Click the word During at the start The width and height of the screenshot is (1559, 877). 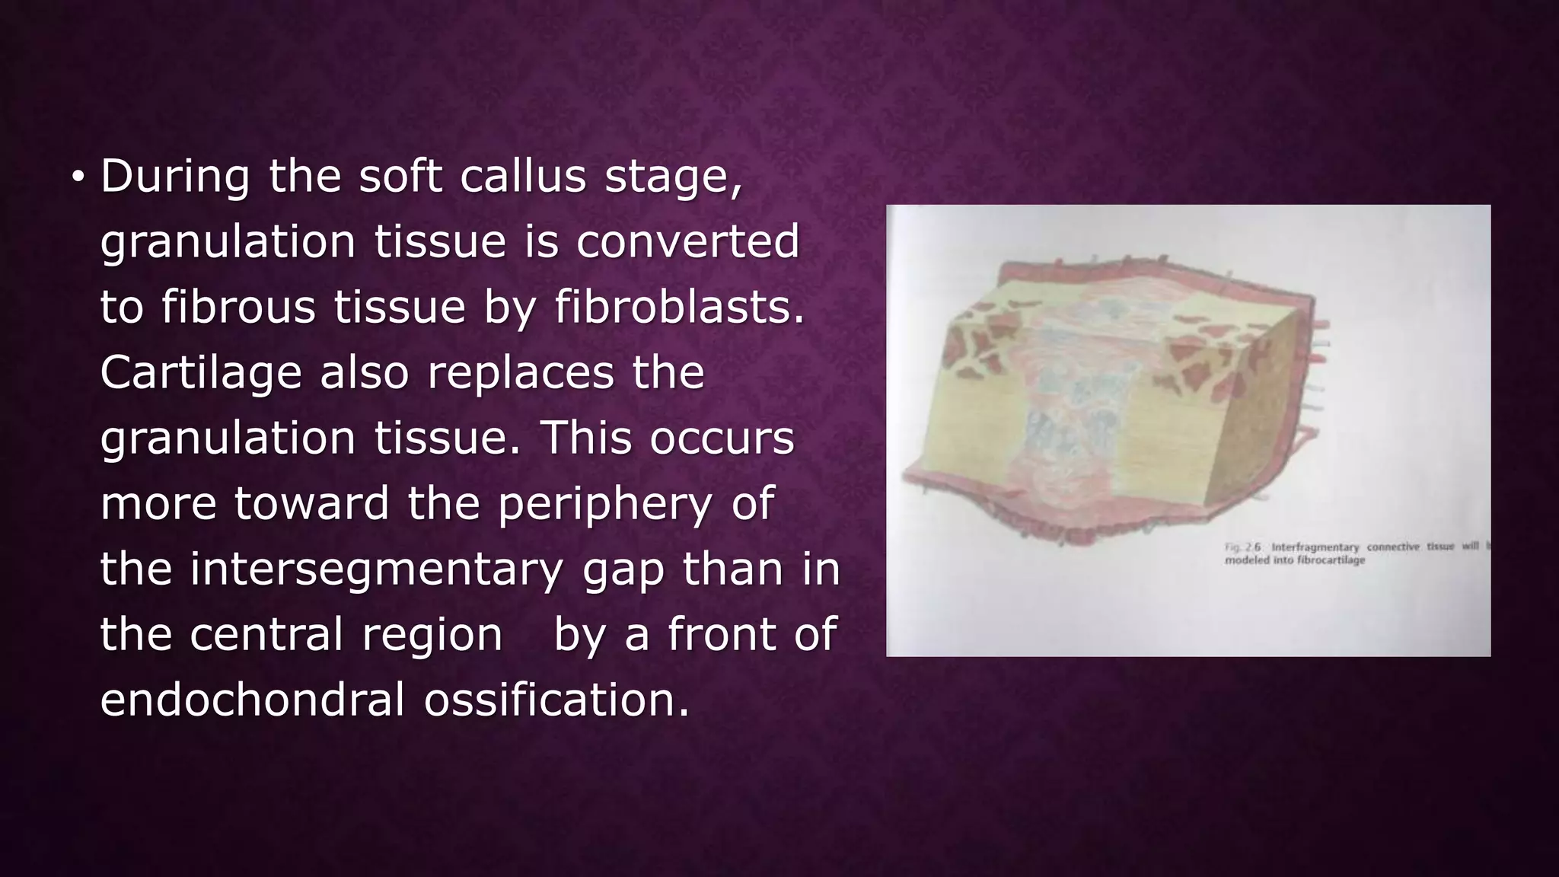point(175,177)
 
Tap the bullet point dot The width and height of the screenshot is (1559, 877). point(77,177)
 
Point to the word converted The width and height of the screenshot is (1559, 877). point(687,242)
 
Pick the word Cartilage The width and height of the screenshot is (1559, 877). point(201,373)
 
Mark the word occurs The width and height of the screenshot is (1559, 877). point(722,438)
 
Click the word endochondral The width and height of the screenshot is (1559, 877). point(253,700)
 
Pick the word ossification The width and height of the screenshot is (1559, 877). point(556,700)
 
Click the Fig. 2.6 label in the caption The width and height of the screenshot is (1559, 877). point(1242,547)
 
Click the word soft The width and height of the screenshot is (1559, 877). point(400,177)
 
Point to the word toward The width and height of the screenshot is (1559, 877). point(311,504)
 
